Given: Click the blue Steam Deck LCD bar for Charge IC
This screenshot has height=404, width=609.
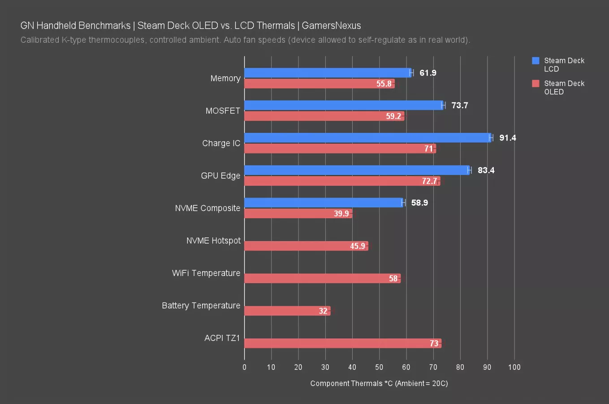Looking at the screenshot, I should (367, 138).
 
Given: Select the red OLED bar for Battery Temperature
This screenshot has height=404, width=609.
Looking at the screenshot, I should (287, 311).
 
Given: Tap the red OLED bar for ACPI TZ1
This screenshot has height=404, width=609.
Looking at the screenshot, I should (343, 343).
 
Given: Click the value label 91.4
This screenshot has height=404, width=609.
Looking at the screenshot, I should (507, 138).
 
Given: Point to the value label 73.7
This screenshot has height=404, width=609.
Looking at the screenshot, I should (459, 105).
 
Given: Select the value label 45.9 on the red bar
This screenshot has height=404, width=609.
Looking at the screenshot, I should (357, 246).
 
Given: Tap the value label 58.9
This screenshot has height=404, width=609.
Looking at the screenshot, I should (419, 203).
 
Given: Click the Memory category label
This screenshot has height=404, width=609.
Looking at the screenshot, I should (225, 79).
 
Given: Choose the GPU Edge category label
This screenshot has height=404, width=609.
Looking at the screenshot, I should (220, 176).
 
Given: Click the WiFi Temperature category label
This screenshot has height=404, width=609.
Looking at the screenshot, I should (206, 273).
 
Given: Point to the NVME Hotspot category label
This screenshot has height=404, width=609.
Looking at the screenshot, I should (213, 241).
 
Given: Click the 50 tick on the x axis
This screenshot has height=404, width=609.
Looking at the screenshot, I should (379, 367).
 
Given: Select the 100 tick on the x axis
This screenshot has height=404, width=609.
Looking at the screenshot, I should (514, 367).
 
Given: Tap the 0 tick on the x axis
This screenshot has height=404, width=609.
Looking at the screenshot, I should (244, 367).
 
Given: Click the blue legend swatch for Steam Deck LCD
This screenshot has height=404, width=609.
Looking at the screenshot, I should (536, 61).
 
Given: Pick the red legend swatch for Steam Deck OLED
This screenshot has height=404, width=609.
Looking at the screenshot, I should (536, 83).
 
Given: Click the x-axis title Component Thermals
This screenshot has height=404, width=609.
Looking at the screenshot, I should (379, 383).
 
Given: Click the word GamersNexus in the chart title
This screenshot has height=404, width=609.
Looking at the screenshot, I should (331, 26).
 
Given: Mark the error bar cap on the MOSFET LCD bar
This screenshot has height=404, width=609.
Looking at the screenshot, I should (443, 105).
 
